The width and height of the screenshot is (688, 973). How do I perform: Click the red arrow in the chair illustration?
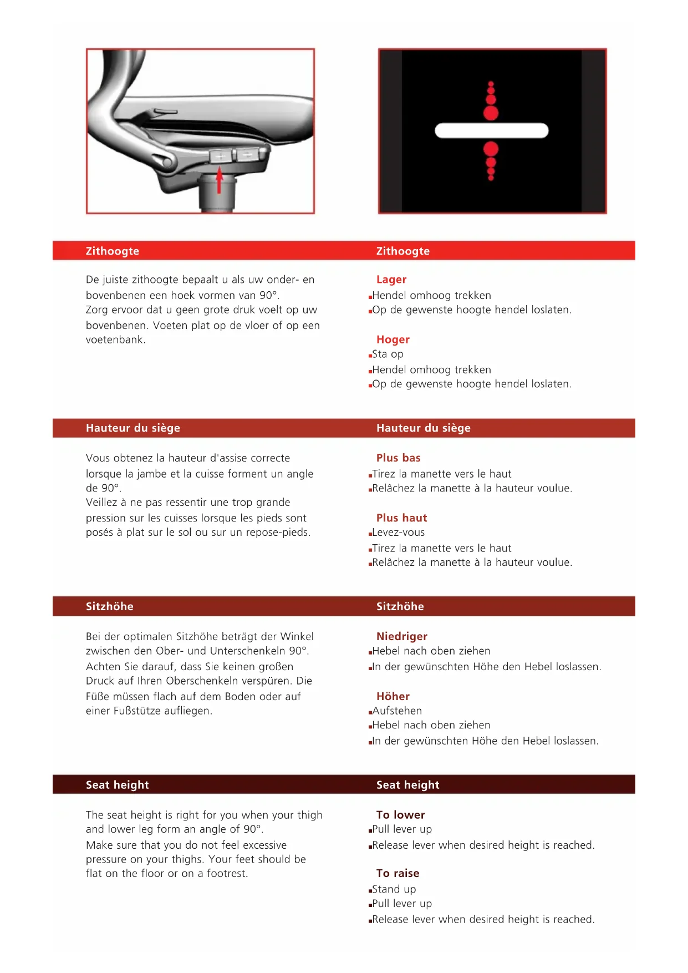[x=220, y=180]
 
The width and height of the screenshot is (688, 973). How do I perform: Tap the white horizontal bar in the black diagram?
[x=491, y=131]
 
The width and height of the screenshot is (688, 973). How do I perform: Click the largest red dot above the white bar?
[x=491, y=113]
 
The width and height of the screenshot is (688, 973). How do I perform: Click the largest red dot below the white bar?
[x=491, y=149]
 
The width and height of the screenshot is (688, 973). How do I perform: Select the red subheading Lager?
[x=391, y=280]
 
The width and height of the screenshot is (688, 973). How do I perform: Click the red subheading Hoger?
[x=393, y=339]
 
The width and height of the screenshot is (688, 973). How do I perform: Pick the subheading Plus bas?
[x=398, y=458]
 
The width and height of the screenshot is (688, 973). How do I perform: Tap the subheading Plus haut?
[x=401, y=518]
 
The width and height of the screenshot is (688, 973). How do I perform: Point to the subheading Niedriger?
[x=401, y=636]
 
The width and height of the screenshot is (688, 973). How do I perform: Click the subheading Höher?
[x=393, y=696]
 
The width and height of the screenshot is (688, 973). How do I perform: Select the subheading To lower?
[x=400, y=815]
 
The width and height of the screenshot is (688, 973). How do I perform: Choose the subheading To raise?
[x=397, y=874]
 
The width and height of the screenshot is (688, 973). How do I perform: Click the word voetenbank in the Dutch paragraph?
[x=115, y=340]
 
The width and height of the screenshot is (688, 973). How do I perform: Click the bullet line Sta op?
[x=388, y=354]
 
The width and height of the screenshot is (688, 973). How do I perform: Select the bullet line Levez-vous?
[x=398, y=533]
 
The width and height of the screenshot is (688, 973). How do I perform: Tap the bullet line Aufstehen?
[x=397, y=711]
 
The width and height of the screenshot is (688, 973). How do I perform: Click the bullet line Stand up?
[x=394, y=889]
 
